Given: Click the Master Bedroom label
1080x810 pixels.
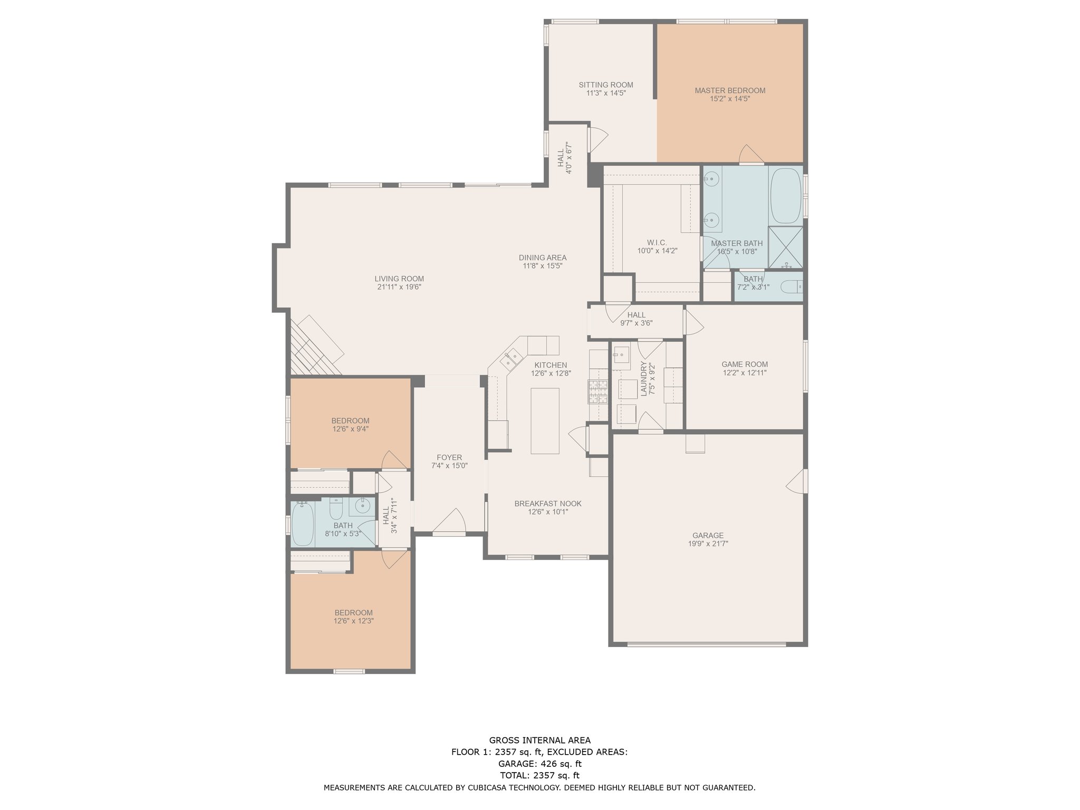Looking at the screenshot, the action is coord(730,91).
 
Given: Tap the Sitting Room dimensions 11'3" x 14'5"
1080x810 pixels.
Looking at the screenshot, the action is coord(606,93).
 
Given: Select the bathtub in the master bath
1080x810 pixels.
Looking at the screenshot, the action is coord(785,196).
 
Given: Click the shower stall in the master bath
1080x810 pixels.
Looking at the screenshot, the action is coord(786,248).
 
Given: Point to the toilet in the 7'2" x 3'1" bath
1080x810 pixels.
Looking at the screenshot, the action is coord(791,287).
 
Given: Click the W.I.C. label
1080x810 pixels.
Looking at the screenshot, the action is coord(657,243).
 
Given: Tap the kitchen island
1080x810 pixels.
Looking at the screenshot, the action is coord(545,420).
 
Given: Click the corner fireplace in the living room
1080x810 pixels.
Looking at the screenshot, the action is coord(316,345).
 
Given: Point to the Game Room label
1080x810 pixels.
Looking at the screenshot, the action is coord(745,364).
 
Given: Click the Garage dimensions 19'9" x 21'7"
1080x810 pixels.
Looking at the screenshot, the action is coord(708,544).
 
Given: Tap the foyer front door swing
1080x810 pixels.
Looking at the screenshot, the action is coord(450,522).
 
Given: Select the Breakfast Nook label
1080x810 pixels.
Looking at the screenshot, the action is coord(548,504).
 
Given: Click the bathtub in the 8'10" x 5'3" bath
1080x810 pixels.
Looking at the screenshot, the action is coord(303,523).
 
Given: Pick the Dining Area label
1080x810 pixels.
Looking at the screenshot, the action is coord(543,258).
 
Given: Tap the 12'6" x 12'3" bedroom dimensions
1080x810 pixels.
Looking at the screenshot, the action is coord(354,621).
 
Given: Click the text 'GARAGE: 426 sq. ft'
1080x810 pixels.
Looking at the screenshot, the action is coord(539,764).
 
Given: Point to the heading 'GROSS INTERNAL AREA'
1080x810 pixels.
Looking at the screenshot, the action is coord(539,740).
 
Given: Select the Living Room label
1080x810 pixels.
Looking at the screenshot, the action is coord(399,279).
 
